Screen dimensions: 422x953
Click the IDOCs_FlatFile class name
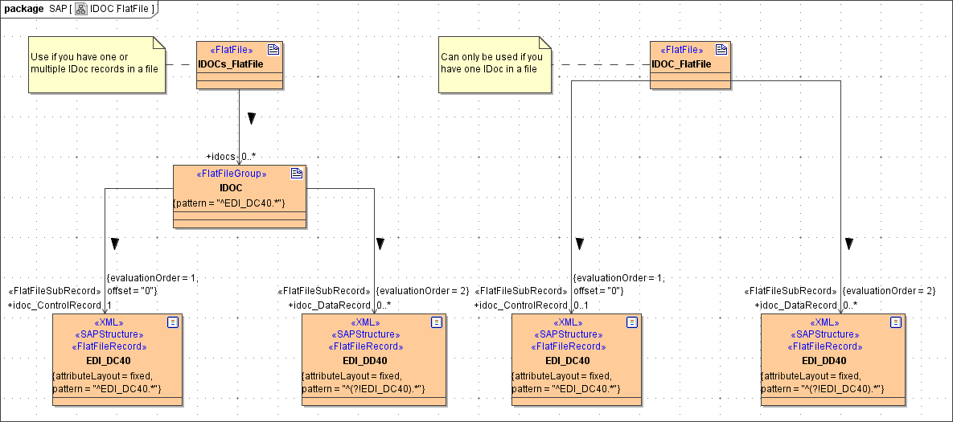[x=230, y=64]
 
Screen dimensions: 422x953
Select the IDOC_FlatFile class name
[x=680, y=64]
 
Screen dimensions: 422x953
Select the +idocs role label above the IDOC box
[x=222, y=157]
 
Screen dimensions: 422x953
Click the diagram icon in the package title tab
[x=81, y=8]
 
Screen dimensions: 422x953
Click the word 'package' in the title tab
[x=23, y=8]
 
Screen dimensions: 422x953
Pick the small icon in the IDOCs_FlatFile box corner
[x=273, y=49]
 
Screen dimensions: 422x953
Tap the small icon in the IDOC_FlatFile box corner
[x=721, y=49]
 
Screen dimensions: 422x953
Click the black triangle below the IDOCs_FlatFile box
[x=252, y=119]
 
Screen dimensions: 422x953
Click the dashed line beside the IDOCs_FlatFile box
[x=182, y=64]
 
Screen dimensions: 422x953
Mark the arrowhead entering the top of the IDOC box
[x=240, y=162]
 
